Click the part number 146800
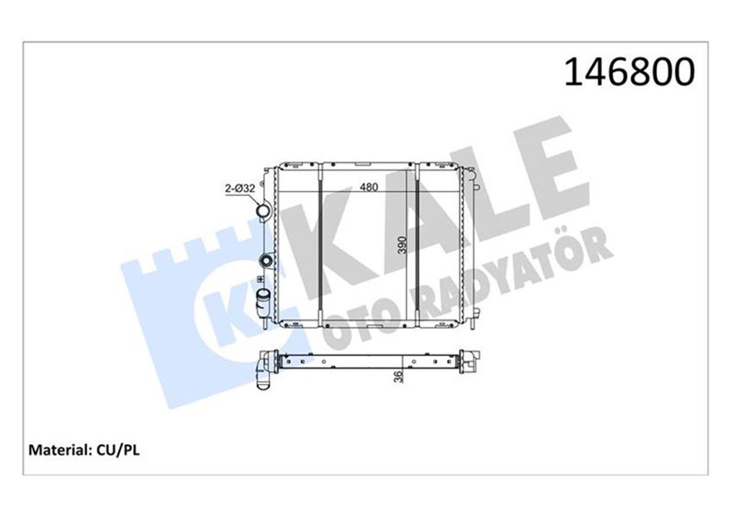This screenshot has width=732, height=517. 629,73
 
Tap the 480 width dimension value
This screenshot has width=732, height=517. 368,188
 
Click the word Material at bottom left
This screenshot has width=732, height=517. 59,450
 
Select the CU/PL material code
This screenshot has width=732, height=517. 117,450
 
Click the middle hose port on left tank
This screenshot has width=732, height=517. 266,261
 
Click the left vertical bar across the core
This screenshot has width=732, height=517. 320,244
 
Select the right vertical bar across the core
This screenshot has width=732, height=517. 417,244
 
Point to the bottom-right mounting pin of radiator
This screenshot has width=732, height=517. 474,321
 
